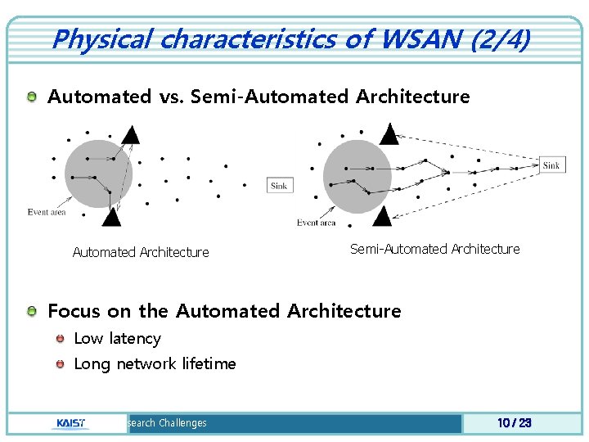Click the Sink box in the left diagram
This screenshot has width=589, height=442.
coord(279,186)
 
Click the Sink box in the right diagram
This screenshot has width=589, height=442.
coord(551,165)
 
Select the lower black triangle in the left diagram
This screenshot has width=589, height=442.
coord(111,216)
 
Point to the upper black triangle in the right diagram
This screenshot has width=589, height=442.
coord(389,133)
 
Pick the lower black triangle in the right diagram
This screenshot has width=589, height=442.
coord(380,215)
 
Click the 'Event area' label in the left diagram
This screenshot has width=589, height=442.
coord(47,212)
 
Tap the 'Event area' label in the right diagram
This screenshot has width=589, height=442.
coord(316,223)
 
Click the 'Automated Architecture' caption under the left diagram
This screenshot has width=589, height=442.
coord(141,252)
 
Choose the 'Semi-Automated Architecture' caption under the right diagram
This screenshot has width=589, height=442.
coord(434,249)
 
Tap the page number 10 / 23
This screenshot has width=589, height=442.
coord(515,423)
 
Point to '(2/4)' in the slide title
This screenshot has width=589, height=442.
coord(500,38)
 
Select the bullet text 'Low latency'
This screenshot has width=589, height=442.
coord(117,338)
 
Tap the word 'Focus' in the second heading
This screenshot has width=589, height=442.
coord(71,311)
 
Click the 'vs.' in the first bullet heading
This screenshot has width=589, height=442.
coord(170,97)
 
